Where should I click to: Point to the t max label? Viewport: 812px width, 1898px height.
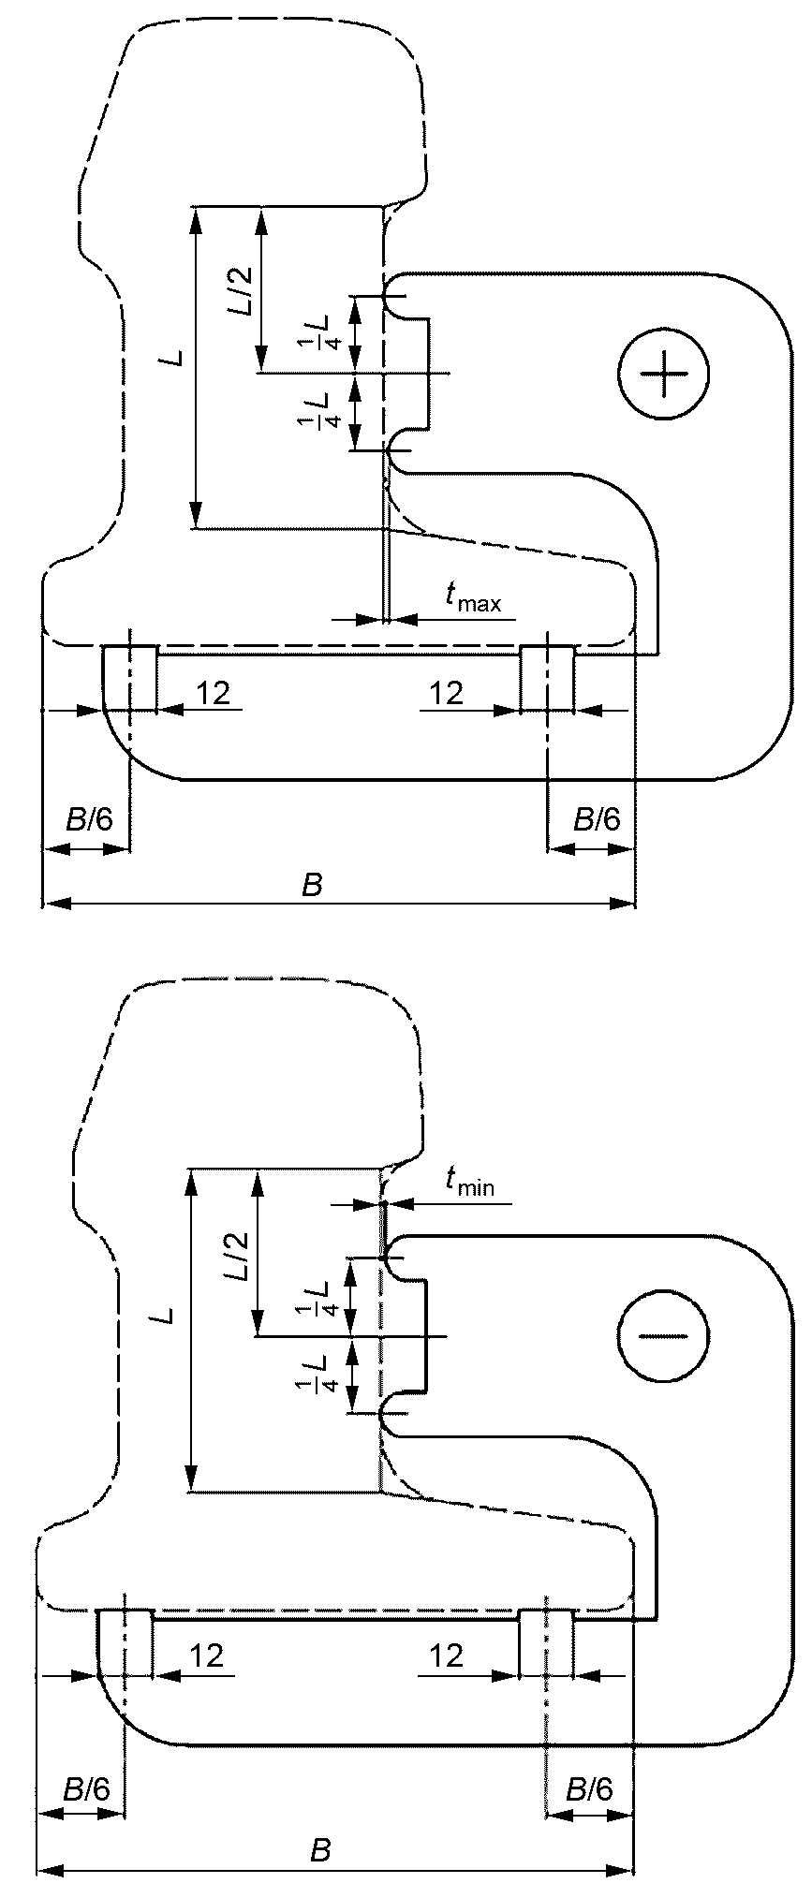click(x=473, y=596)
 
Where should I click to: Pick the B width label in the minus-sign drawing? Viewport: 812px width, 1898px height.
click(x=320, y=1850)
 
